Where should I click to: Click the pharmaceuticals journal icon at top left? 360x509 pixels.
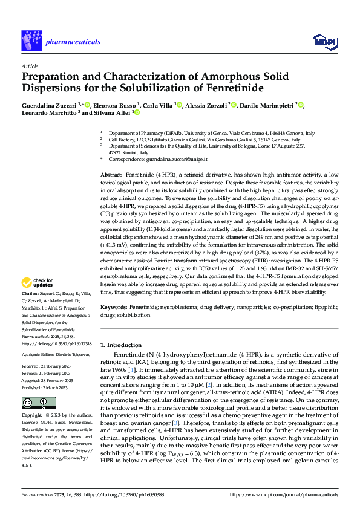(x=31, y=41)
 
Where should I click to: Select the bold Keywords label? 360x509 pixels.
(x=114, y=307)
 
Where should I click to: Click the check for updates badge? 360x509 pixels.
(x=38, y=282)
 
